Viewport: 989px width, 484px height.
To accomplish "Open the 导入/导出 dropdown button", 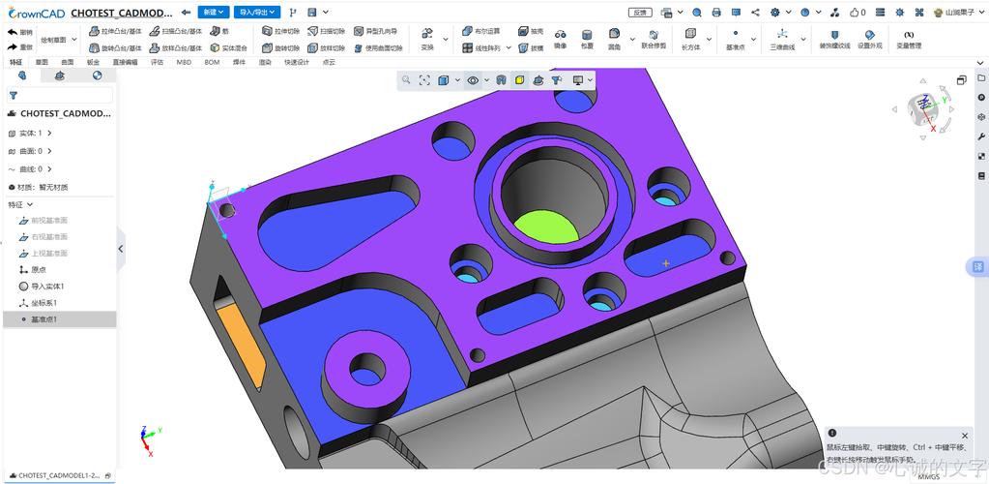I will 257,13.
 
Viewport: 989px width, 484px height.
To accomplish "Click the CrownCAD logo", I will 36,14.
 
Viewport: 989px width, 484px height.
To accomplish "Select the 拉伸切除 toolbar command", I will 280,31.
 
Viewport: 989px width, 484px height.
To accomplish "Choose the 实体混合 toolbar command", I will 229,47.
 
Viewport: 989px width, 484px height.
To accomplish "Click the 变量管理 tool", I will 908,40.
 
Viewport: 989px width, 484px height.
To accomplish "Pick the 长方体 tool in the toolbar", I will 690,40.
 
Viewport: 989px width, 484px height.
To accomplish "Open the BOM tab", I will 212,62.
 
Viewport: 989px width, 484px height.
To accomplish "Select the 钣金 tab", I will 93,62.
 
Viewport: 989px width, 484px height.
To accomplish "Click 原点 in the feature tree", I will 38,270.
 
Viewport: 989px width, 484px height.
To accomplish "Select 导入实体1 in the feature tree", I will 46,287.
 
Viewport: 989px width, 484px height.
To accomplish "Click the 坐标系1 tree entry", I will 44,303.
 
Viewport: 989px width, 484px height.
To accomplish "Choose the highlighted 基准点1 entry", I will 44,319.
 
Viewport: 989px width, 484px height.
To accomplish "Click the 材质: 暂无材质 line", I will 43,187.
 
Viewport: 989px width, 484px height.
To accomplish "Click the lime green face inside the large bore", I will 545,227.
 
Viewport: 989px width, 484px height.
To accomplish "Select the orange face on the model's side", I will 239,345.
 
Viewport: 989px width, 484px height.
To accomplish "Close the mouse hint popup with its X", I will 964,436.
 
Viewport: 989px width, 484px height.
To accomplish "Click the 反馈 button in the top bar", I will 639,13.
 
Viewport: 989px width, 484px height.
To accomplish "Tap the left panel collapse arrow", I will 121,249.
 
